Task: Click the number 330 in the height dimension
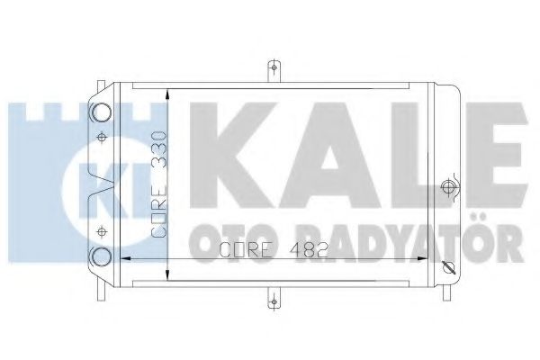pyautogui.click(x=158, y=147)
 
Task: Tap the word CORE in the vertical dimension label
pyautogui.click(x=158, y=208)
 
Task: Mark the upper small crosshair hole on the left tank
pyautogui.click(x=102, y=138)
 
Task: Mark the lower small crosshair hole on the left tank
pyautogui.click(x=102, y=226)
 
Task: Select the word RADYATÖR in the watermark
pyautogui.click(x=405, y=242)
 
